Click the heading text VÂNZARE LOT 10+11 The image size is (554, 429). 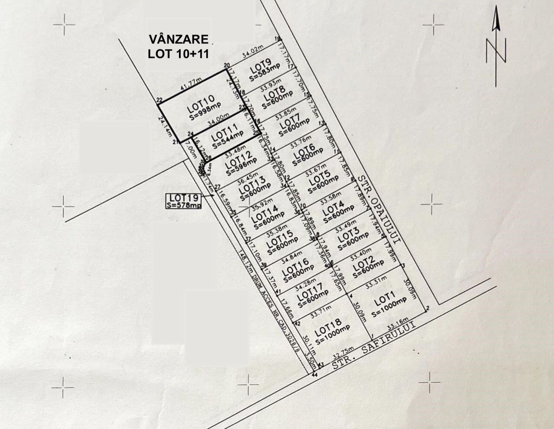[x=178, y=46]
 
